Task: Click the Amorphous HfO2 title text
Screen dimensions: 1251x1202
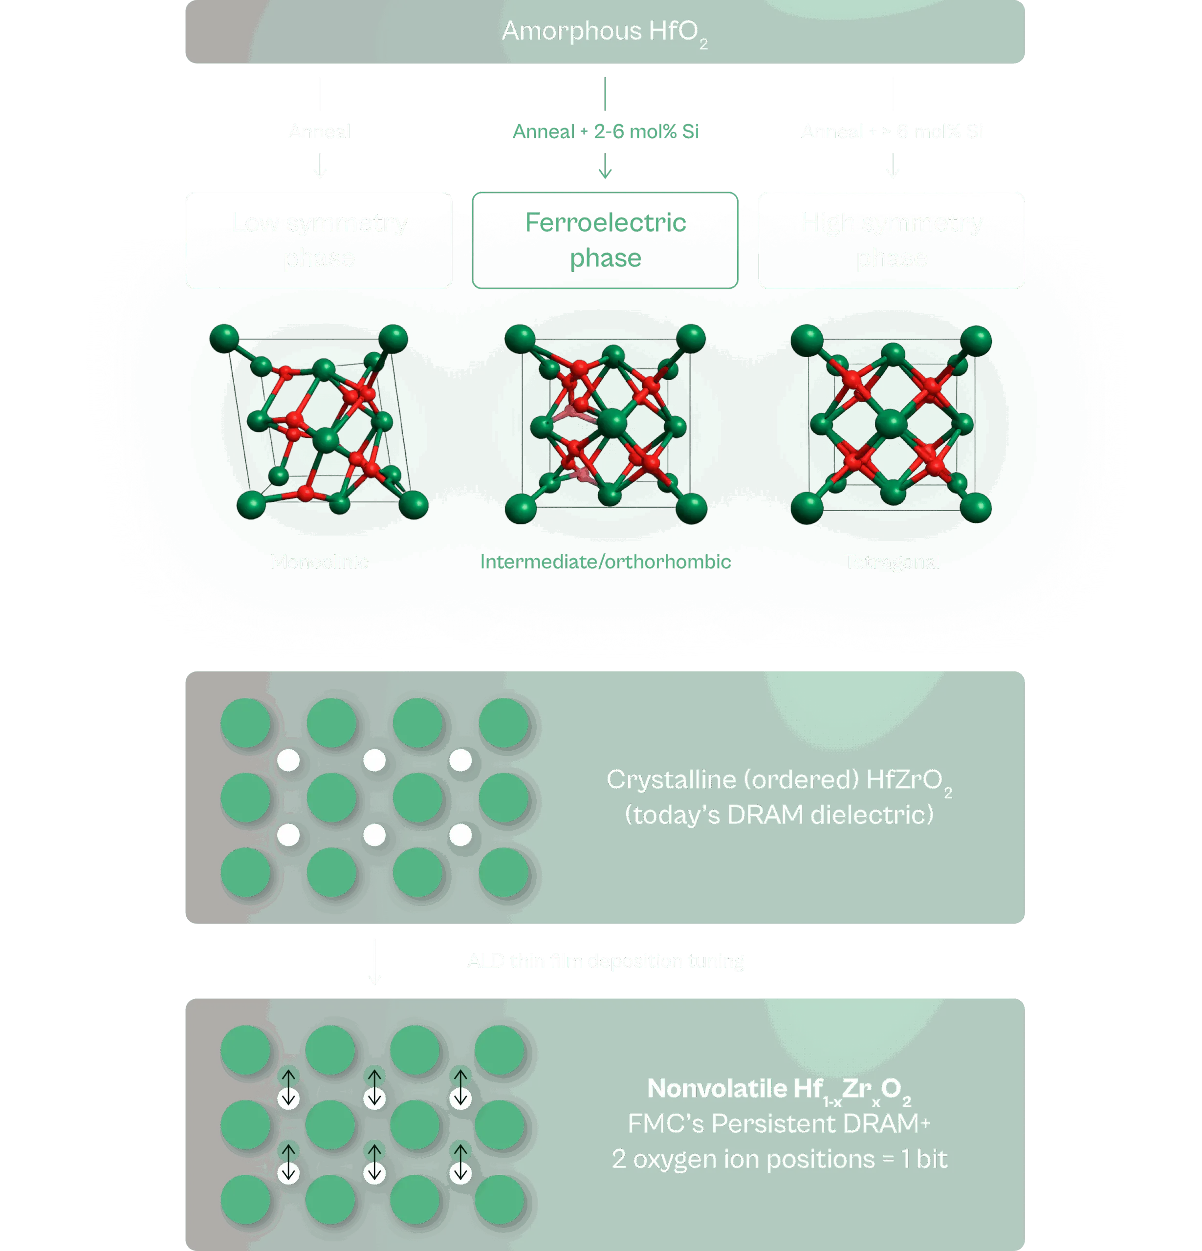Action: [x=604, y=32]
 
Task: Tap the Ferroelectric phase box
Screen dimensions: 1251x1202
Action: [x=605, y=240]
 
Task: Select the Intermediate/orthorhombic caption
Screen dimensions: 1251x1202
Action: [x=605, y=561]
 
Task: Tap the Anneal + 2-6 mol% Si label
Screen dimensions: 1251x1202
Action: [x=606, y=131]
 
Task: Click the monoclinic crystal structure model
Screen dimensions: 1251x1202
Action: [x=319, y=421]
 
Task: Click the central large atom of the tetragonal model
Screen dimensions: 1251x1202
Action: [x=891, y=424]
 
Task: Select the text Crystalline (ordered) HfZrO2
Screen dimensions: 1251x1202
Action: [x=779, y=780]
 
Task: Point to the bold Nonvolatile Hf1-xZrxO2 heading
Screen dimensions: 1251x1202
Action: [x=779, y=1089]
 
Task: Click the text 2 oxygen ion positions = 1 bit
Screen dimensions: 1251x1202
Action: [x=779, y=1159]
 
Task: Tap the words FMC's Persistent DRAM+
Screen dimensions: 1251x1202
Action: [x=779, y=1124]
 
